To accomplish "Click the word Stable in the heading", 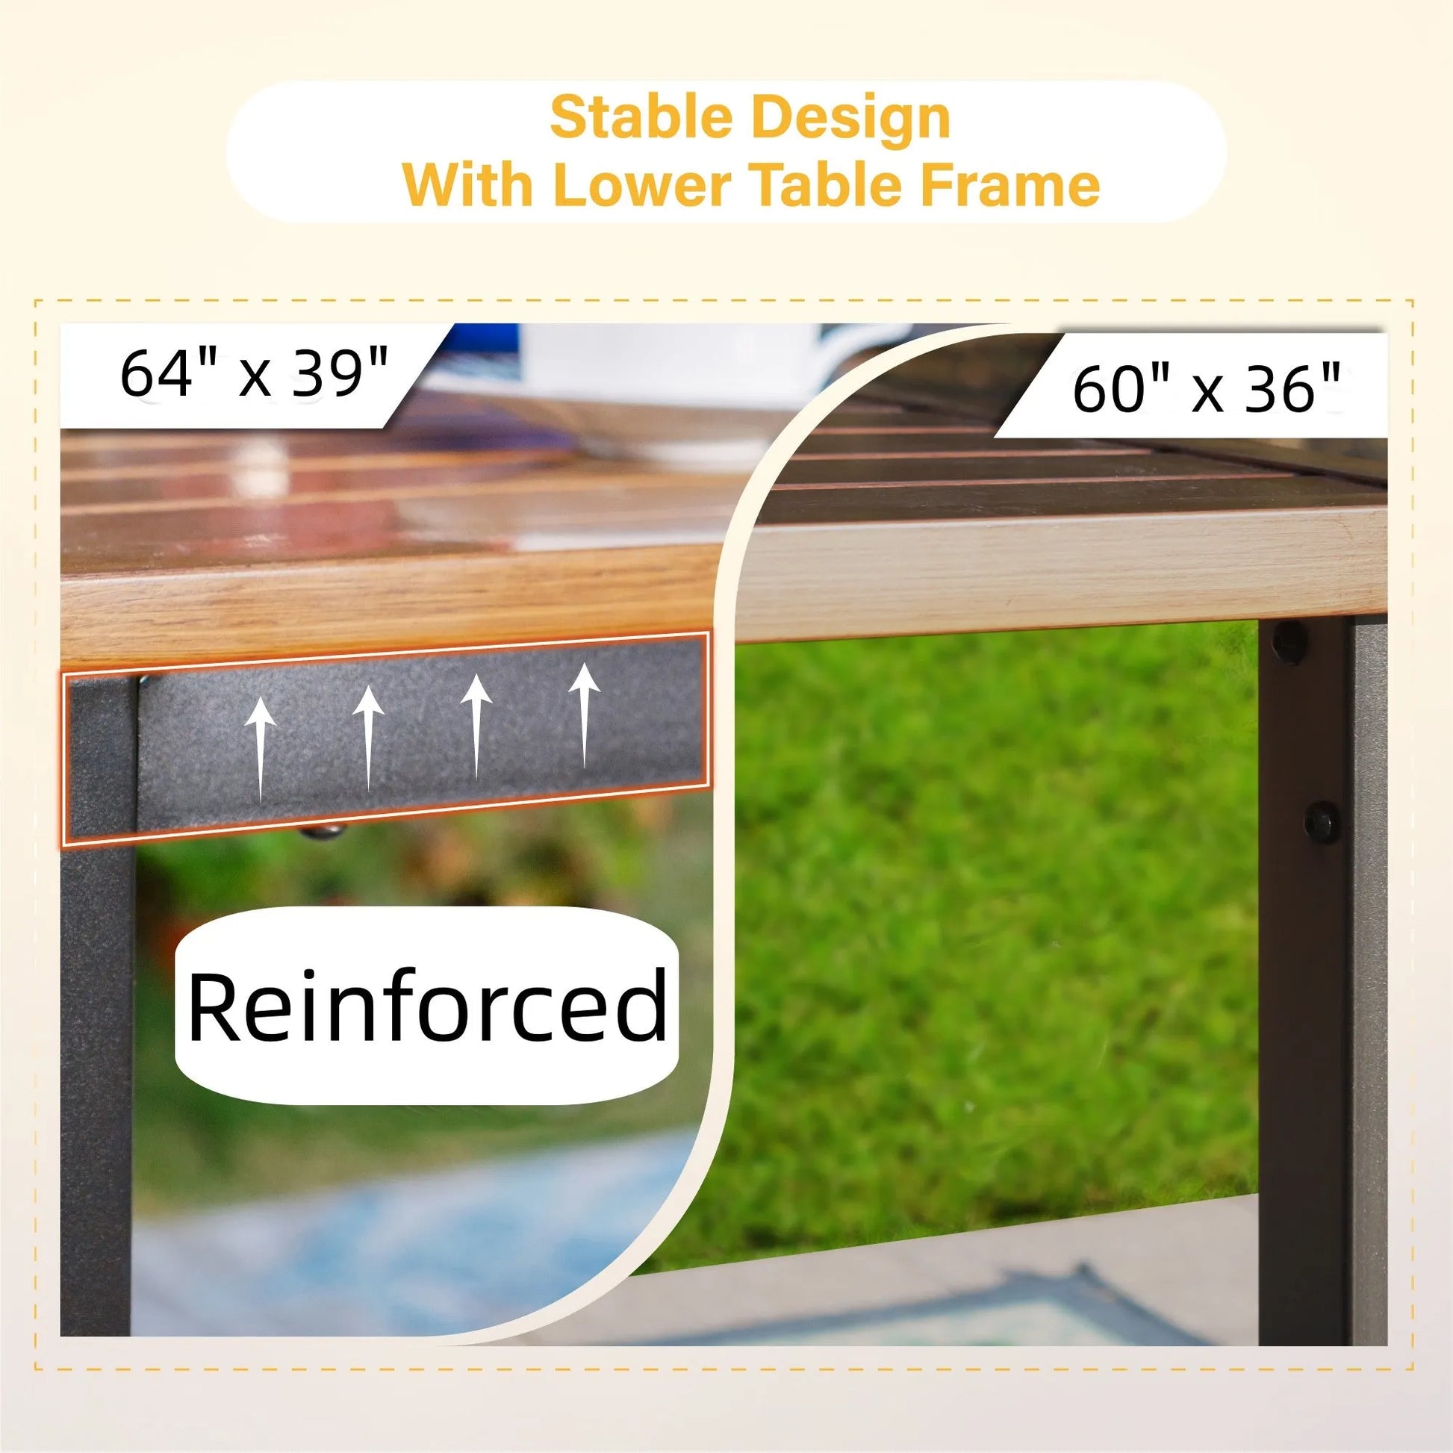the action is tap(642, 118).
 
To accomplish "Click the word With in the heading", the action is tap(468, 184).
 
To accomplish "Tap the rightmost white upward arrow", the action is tap(584, 715).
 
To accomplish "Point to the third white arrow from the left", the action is tap(476, 726).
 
